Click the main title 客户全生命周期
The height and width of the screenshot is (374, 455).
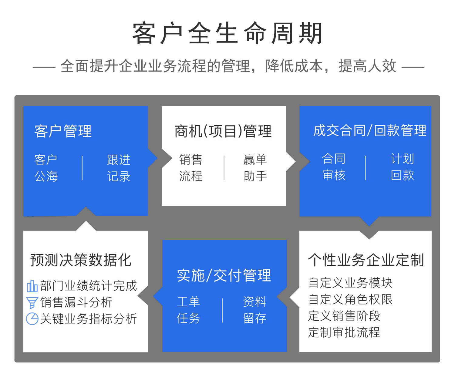(227, 33)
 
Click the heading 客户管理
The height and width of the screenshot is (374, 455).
(63, 131)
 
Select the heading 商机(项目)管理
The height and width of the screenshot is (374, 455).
(223, 131)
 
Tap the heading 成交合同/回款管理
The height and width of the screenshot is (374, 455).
(369, 131)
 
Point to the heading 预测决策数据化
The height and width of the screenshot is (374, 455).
(81, 260)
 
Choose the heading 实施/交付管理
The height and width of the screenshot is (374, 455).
(224, 275)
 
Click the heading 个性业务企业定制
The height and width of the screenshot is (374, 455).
(366, 260)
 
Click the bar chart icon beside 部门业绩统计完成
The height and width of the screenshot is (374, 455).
(32, 286)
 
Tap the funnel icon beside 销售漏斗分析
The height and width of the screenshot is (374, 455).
(32, 302)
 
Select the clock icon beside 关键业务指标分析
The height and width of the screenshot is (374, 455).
(32, 319)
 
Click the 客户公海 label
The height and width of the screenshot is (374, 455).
(46, 168)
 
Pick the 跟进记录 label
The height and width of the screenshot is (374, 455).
(118, 168)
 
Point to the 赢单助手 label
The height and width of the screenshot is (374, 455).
(255, 168)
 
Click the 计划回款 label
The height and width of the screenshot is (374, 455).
(402, 167)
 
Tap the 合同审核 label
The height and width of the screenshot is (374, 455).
(334, 167)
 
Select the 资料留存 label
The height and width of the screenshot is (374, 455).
(254, 310)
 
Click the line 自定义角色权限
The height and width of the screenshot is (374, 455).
(350, 299)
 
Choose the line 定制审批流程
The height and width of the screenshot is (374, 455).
(344, 332)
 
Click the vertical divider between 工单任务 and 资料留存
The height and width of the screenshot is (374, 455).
(222, 310)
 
